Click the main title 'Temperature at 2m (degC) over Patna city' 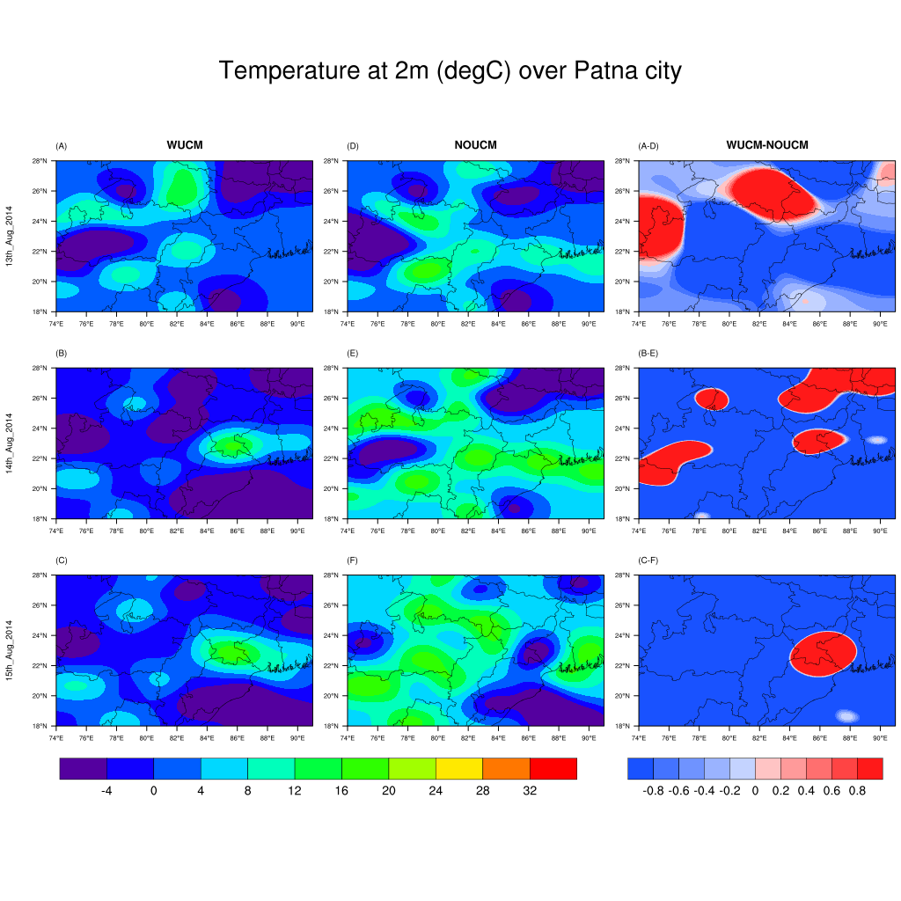click(450, 71)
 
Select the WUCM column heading click(185, 145)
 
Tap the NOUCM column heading click(475, 145)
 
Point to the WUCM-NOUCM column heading click(766, 145)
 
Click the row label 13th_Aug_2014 click(10, 237)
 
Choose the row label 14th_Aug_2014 click(10, 443)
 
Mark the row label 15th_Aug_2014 click(10, 650)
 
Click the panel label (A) click(62, 145)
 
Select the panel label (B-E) click(648, 353)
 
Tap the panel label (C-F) click(648, 560)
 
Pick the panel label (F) click(353, 560)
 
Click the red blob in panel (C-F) click(823, 653)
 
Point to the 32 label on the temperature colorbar click(530, 791)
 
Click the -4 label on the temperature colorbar click(106, 791)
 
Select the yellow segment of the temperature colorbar click(459, 768)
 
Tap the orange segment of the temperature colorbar click(506, 768)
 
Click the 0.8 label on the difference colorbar click(857, 791)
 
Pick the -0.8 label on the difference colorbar click(653, 791)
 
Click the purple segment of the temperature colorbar click(83, 768)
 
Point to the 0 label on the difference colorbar click(755, 791)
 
